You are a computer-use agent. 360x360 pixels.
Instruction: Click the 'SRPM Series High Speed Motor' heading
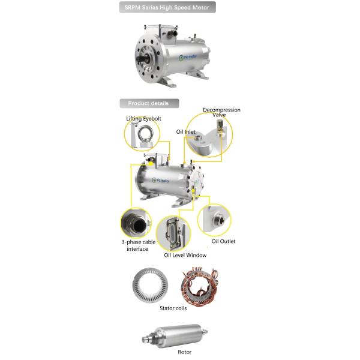(x=166, y=8)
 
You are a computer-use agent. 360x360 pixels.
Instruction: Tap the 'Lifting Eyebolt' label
(x=143, y=119)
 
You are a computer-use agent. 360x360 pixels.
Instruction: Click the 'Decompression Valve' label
(x=221, y=112)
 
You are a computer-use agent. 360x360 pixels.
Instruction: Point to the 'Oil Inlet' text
(x=185, y=131)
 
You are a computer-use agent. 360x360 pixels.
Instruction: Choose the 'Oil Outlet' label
(x=223, y=241)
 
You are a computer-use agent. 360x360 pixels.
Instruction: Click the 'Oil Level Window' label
(x=185, y=255)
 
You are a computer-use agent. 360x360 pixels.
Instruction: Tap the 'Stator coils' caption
(x=173, y=308)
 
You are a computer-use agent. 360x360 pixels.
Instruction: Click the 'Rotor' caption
(x=184, y=352)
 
